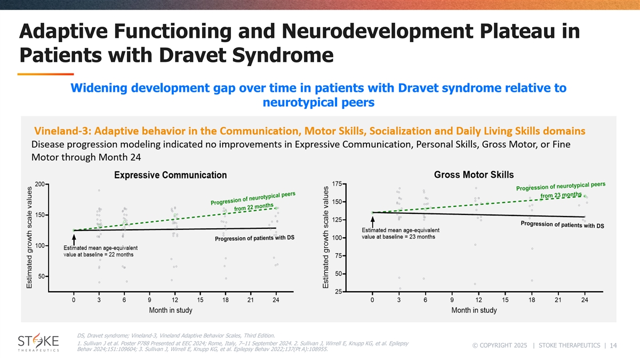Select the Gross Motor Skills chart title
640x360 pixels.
click(474, 174)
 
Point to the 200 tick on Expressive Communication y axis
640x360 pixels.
click(39, 184)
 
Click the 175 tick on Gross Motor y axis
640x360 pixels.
click(337, 184)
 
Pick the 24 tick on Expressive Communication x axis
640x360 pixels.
click(276, 300)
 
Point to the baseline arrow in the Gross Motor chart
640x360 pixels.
click(372, 221)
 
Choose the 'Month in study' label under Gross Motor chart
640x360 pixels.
click(474, 310)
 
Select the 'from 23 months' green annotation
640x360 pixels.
click(561, 196)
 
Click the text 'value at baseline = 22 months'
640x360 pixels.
click(99, 255)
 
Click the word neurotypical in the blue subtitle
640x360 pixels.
click(310, 101)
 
